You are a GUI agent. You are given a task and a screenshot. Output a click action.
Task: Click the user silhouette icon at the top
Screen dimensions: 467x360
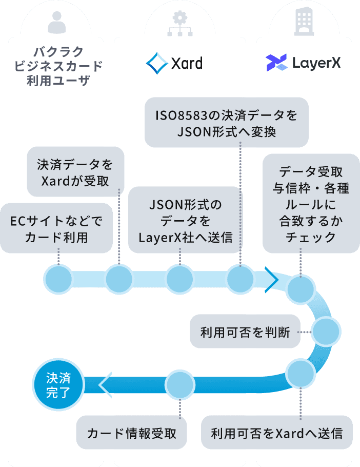coord(57,22)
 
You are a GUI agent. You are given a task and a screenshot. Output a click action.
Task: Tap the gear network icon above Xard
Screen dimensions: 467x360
coord(179,22)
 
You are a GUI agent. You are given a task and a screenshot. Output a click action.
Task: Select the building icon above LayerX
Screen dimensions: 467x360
coord(304,22)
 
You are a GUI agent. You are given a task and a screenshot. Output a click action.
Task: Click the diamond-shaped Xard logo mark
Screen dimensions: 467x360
coord(157,63)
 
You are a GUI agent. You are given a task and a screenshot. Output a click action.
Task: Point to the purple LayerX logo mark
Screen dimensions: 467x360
coord(276,63)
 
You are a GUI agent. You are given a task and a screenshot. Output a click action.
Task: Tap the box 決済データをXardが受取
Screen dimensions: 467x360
coord(75,172)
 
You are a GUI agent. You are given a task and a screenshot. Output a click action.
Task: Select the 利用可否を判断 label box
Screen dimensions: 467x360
coord(245,332)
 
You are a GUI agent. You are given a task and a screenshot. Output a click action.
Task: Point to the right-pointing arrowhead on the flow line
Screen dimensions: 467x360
coord(271,280)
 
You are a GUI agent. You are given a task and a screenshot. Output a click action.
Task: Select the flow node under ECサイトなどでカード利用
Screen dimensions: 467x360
coord(59,280)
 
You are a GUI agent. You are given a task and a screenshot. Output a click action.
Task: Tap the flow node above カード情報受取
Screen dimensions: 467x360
coord(180,384)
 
